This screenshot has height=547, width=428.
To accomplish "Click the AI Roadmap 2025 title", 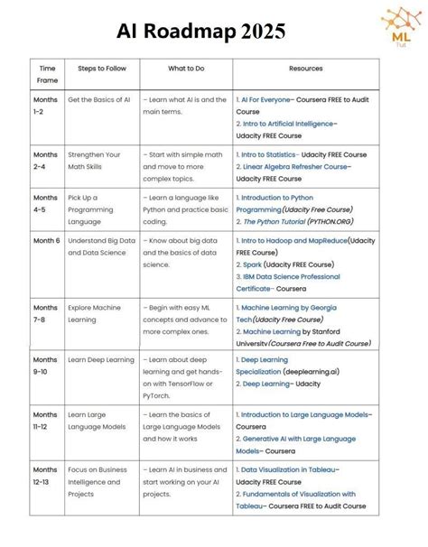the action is pyautogui.click(x=200, y=32).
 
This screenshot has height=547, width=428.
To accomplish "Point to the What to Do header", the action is pyautogui.click(x=187, y=69).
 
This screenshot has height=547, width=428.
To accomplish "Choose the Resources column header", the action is pyautogui.click(x=306, y=69).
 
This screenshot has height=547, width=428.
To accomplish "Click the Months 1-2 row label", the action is pyautogui.click(x=45, y=106).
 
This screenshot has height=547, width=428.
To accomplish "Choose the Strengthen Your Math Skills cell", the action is pyautogui.click(x=98, y=161).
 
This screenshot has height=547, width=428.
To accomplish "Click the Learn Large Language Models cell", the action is pyautogui.click(x=94, y=420).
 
